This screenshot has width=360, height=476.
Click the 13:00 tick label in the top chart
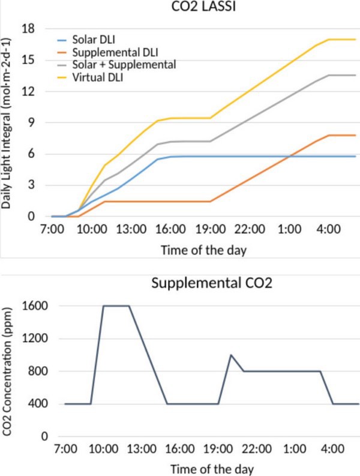[130, 229]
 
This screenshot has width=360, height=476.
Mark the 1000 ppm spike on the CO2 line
[231, 355]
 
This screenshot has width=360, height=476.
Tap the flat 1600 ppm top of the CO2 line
[116, 306]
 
